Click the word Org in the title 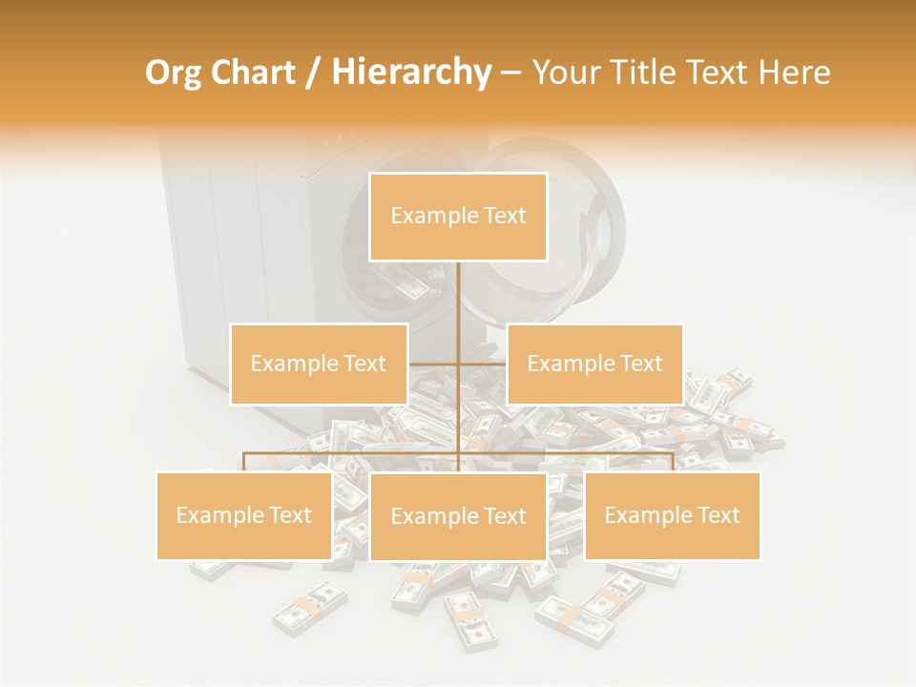click(x=174, y=73)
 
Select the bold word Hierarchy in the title click(x=410, y=73)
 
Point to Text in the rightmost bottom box click(x=715, y=515)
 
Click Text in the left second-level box click(x=361, y=364)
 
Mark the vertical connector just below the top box click(x=459, y=296)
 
